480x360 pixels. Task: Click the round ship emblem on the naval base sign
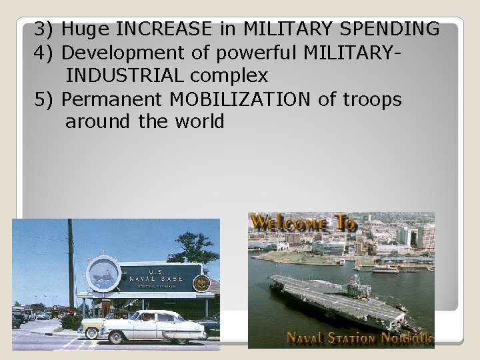pyautogui.click(x=104, y=274)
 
